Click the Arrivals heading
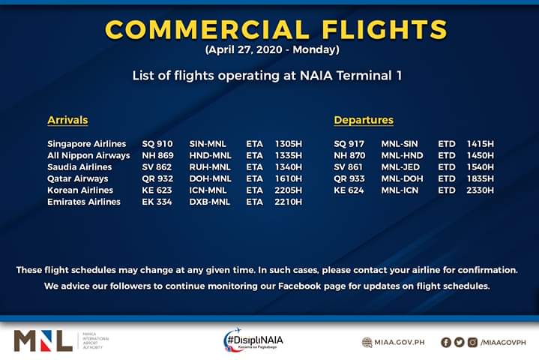click(67, 120)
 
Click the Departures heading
click(364, 120)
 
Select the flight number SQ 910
click(157, 144)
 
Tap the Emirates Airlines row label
click(84, 202)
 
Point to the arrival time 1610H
click(289, 178)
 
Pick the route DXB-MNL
click(210, 202)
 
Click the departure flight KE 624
click(349, 190)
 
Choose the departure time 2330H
click(481, 190)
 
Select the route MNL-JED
click(400, 167)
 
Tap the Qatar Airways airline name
click(78, 178)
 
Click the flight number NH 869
click(157, 155)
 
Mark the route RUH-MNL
click(210, 167)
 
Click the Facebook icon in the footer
click(446, 343)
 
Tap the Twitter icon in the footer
click(460, 343)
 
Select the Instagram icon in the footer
click(473, 343)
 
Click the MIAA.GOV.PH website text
click(400, 343)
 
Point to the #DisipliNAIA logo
click(253, 340)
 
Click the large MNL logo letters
click(43, 340)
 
